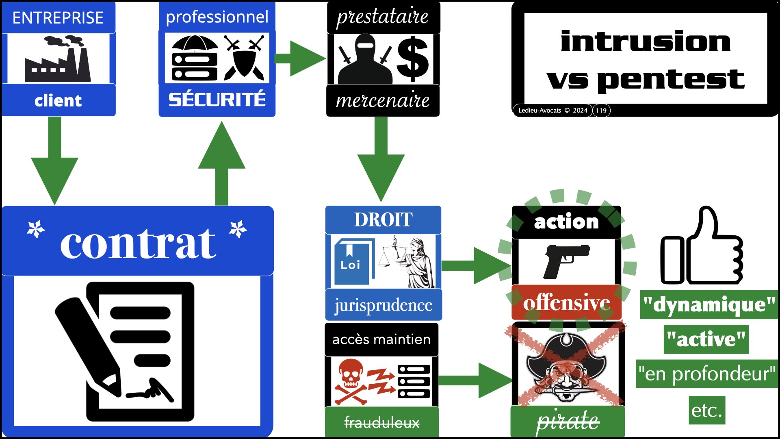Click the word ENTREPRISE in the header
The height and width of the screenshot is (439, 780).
58,18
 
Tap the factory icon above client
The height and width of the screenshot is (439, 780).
58,59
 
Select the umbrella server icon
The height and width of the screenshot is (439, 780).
195,58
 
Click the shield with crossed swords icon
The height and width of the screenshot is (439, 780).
244,58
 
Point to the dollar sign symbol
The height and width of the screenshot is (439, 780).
412,59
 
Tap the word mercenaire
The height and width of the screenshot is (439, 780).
383,100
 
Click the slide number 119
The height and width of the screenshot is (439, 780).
601,111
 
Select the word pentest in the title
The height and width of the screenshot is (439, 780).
671,79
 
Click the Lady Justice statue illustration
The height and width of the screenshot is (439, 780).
410,262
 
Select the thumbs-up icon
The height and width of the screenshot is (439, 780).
702,248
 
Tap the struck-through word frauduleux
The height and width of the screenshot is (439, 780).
382,423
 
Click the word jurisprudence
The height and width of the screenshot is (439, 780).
383,305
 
